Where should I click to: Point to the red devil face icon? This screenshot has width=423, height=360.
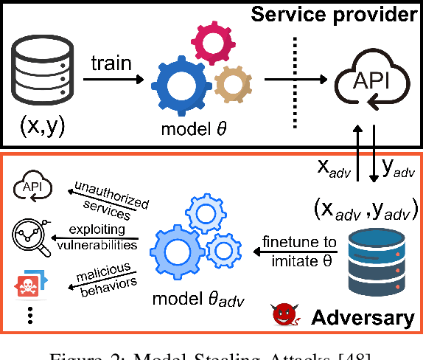pyautogui.click(x=282, y=316)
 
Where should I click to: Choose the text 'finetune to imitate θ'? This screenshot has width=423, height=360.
pyautogui.click(x=300, y=250)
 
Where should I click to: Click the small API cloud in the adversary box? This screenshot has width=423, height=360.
pyautogui.click(x=30, y=190)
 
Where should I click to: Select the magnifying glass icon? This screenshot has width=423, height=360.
pyautogui.click(x=29, y=237)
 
